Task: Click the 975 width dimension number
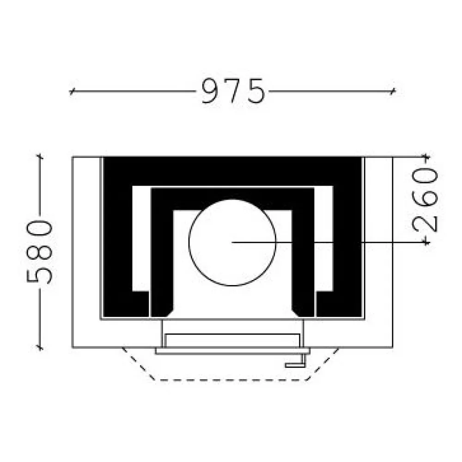click(233, 91)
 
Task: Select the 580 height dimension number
click(39, 252)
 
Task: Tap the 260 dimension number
click(425, 201)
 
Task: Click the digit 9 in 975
click(211, 91)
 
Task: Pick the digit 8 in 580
click(39, 252)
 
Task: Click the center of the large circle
click(232, 243)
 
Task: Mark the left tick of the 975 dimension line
click(71, 91)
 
